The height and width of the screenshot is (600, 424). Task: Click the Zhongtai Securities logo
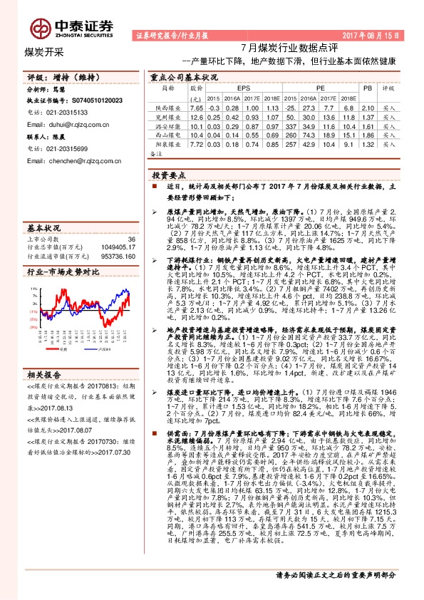[x=71, y=27]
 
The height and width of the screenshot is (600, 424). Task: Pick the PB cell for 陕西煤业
[x=368, y=107]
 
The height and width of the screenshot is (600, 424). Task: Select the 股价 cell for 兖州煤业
[x=197, y=116]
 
